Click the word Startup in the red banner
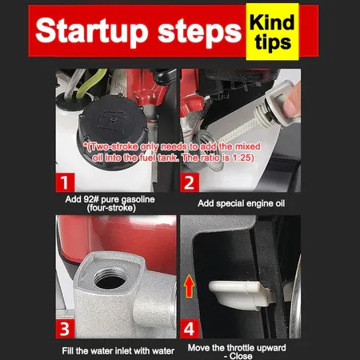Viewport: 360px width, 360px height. pos(91,31)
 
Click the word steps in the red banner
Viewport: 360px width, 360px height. pos(199,31)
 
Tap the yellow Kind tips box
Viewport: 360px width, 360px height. pos(272,32)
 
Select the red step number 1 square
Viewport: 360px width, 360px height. pos(65,182)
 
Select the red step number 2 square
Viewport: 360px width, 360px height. pos(190,182)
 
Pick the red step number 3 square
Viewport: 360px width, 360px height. pos(65,329)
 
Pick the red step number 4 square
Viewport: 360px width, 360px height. pos(190,329)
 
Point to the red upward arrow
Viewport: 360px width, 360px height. pos(190,286)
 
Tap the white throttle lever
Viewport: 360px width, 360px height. pos(240,294)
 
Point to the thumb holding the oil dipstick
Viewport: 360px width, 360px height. pos(292,102)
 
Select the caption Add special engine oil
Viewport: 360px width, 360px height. pos(242,203)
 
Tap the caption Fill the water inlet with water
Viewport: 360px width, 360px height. pos(118,350)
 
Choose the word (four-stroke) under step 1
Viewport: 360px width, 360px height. pos(111,208)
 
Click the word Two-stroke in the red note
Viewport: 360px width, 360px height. pos(114,146)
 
